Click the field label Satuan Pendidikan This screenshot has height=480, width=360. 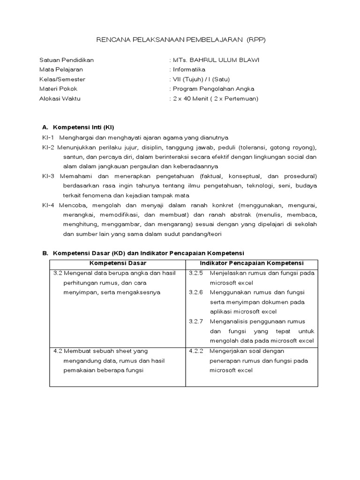point(66,60)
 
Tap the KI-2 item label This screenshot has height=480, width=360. point(48,147)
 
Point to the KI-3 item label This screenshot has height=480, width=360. point(48,176)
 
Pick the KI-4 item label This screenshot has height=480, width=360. point(48,205)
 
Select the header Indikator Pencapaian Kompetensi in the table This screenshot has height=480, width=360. point(252,263)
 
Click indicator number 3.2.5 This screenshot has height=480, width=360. point(196,273)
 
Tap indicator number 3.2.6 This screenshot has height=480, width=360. point(196,292)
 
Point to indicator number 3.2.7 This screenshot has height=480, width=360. point(196,321)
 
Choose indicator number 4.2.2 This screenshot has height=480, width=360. point(196,351)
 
